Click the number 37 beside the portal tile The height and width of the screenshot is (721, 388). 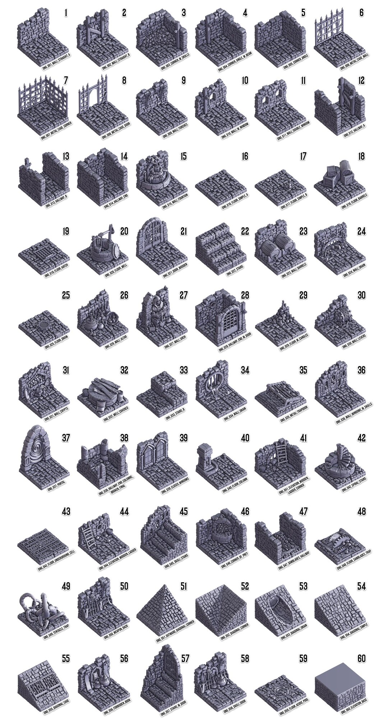tap(66, 438)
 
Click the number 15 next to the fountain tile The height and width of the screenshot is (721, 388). tap(184, 157)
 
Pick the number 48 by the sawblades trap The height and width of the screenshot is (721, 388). tap(361, 512)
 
